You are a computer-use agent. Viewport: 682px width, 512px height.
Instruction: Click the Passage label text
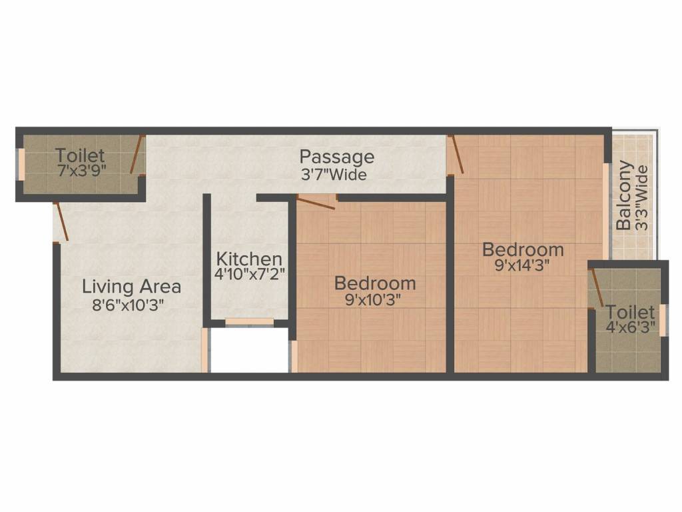pos(336,158)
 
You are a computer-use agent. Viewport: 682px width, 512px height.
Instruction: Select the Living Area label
pos(131,287)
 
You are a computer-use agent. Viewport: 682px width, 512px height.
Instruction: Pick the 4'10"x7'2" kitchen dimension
pos(250,274)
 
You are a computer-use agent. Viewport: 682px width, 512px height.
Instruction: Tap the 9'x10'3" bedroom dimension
pos(375,300)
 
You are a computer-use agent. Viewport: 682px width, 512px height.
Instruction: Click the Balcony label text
pos(624,195)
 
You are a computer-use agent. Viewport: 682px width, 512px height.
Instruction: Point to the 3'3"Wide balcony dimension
pos(641,198)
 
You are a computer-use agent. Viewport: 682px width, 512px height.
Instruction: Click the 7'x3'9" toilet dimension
pos(81,170)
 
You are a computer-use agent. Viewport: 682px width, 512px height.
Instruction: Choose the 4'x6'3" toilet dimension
pos(627,327)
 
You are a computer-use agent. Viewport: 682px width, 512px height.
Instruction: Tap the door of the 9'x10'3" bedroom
pos(316,203)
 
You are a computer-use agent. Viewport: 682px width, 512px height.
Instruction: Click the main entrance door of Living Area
pos(61,221)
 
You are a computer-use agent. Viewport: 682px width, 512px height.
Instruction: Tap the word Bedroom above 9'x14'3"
pos(523,250)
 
